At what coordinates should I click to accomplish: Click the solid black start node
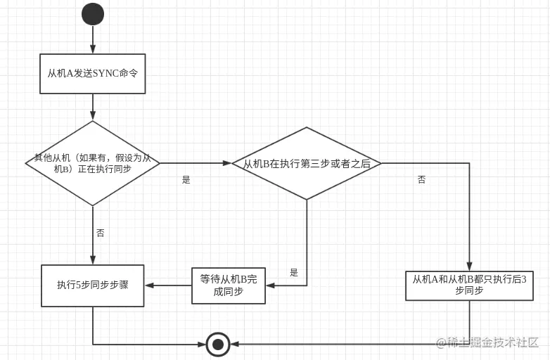(93, 14)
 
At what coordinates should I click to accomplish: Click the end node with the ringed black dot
(218, 344)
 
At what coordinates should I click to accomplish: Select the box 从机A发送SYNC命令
(92, 74)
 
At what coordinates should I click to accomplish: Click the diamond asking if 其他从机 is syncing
(93, 163)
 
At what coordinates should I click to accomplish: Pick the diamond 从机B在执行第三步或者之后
(307, 163)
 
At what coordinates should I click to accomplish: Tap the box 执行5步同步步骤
(92, 285)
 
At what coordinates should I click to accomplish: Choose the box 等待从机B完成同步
(229, 285)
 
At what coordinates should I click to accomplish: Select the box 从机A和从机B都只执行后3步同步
(469, 285)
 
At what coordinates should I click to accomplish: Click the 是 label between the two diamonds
(186, 180)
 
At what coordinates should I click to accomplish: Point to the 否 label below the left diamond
(100, 233)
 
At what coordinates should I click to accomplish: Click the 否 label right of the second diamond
(421, 180)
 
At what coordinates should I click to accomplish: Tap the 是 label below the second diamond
(294, 273)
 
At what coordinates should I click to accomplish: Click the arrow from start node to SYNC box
(93, 39)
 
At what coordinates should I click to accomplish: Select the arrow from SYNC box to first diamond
(93, 107)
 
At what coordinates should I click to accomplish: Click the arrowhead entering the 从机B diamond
(227, 163)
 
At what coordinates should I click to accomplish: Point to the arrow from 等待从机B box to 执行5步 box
(168, 285)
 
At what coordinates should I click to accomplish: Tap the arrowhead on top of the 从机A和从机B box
(469, 266)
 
